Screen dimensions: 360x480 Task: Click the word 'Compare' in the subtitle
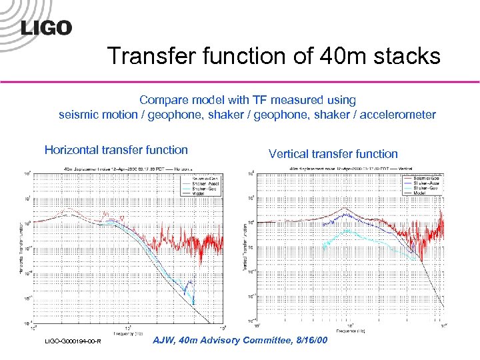(x=162, y=100)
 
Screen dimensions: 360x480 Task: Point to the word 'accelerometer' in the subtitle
(x=398, y=115)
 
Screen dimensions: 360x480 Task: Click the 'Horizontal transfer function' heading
(x=116, y=150)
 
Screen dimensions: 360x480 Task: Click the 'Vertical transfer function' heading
(x=333, y=154)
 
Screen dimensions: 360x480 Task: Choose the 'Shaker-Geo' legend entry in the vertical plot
(x=425, y=189)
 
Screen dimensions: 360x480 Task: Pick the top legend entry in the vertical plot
(x=425, y=179)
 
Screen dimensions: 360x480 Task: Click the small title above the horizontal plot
(x=130, y=169)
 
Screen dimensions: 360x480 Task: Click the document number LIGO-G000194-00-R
(x=73, y=342)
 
